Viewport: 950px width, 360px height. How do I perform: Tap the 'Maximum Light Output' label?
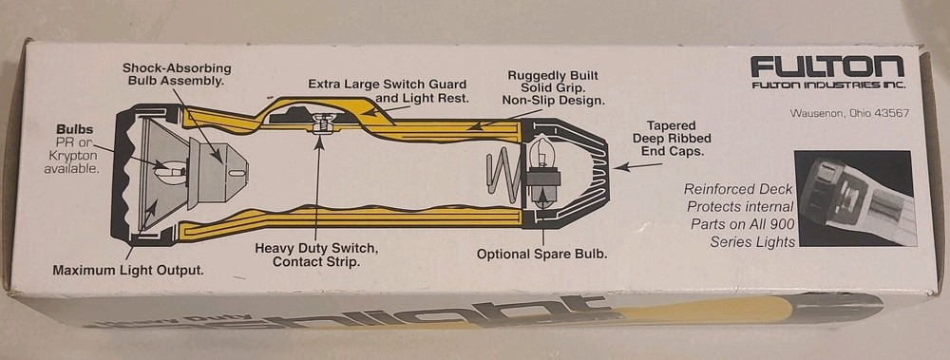tap(128, 270)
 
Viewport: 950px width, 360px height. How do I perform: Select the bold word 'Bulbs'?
tap(74, 128)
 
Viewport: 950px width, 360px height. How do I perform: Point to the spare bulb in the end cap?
tap(544, 157)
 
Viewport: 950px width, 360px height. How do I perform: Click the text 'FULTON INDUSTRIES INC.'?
tap(827, 86)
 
